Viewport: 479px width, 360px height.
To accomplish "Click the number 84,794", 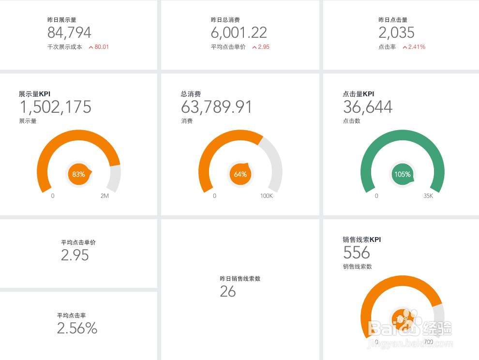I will coord(69,33).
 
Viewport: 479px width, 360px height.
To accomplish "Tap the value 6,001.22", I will coord(239,33).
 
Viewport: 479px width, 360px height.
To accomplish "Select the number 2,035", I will coord(396,33).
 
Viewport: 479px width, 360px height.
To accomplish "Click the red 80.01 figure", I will coord(102,47).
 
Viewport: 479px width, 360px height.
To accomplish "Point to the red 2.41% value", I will coord(417,47).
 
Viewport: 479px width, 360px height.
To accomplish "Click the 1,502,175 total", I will coord(55,107).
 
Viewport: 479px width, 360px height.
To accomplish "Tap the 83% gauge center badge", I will coord(78,174).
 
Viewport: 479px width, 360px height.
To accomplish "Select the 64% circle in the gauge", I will coord(240,174).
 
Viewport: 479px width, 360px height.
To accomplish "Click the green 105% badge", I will coord(402,174).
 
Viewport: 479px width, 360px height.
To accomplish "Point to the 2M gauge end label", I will coord(105,196).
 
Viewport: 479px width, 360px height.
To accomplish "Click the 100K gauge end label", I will coord(267,196).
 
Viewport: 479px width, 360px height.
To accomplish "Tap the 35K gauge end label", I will coord(428,196).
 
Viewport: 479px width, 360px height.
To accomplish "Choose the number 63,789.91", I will coord(217,107).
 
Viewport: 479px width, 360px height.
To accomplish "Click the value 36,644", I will coord(368,107).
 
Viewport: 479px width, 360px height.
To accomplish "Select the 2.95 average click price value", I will coord(75,255).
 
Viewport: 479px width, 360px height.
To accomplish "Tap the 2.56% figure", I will coord(77,329).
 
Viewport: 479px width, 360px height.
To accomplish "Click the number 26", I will coord(228,291).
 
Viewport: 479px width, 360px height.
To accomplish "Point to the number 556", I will coord(357,253).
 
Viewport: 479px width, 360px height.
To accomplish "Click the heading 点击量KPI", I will coord(358,94).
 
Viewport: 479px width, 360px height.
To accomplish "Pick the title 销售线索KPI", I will coord(361,240).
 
